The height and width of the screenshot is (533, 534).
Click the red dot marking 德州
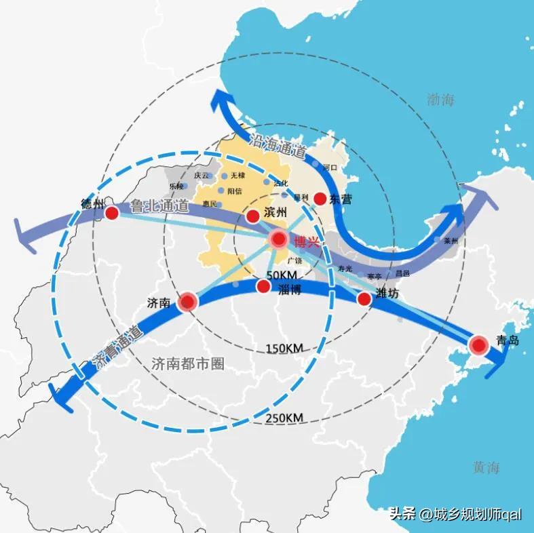click(x=112, y=213)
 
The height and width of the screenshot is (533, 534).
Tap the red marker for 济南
click(x=187, y=302)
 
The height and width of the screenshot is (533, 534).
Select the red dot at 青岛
click(x=479, y=345)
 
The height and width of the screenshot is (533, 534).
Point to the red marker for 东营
click(x=320, y=199)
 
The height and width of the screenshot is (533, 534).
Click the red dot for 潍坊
click(x=364, y=298)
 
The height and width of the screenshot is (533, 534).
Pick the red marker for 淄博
click(x=263, y=287)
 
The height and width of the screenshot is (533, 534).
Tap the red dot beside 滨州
click(x=252, y=216)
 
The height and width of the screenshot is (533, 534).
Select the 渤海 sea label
click(x=441, y=100)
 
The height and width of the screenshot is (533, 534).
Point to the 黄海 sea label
click(x=487, y=467)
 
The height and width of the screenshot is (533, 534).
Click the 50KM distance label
click(x=282, y=275)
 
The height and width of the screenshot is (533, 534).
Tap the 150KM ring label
click(x=284, y=349)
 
